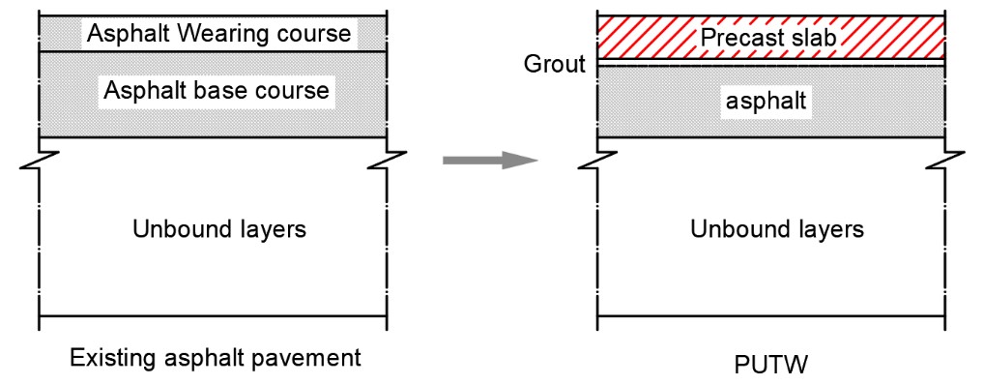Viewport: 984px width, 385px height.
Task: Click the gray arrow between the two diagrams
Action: (x=491, y=161)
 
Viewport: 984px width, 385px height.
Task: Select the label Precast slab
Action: (x=768, y=38)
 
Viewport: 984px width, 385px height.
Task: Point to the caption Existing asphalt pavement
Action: (x=216, y=358)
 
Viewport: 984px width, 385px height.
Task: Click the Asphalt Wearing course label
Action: (x=219, y=33)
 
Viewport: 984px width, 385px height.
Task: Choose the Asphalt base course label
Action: (x=217, y=91)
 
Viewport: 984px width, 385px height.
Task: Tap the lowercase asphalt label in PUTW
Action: (x=766, y=102)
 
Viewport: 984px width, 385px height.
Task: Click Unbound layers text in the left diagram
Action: (x=219, y=230)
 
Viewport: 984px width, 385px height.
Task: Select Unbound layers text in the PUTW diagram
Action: (x=777, y=230)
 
